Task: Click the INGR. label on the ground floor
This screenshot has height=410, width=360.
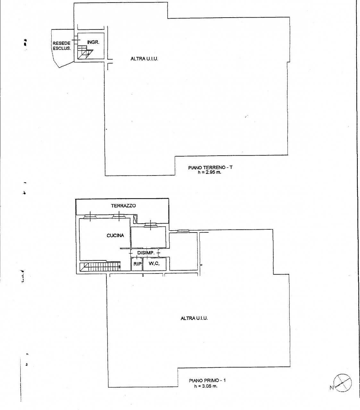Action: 93,42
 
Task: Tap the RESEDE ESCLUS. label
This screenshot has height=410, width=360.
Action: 62,46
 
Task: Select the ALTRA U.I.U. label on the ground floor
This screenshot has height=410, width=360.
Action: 144,59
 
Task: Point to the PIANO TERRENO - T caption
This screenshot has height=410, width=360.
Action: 210,168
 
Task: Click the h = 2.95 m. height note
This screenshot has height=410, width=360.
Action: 209,172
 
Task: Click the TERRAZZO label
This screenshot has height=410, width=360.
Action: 123,206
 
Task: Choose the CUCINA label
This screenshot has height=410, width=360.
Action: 115,235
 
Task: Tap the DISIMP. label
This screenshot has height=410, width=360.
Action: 146,253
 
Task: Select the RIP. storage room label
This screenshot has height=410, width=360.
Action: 137,264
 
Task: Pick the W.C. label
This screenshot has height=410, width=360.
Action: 154,264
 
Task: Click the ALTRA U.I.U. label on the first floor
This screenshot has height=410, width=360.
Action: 194,318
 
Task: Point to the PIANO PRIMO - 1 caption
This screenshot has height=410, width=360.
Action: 207,381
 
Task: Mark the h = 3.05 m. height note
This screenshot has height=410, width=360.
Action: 206,386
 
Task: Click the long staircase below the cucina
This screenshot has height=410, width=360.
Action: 100,267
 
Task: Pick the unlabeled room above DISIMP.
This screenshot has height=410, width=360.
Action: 148,237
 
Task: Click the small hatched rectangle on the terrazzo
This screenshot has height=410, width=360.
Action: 135,219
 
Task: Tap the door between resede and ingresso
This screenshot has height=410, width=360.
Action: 76,40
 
